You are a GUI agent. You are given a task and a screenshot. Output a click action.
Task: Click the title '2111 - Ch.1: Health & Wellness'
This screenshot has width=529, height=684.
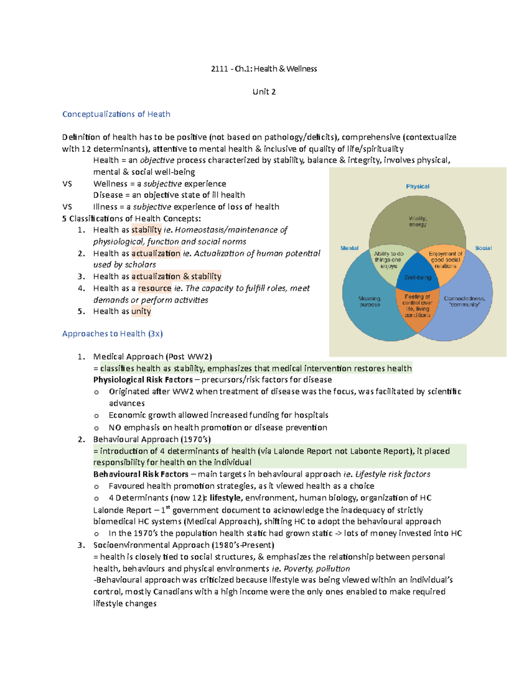pos(264,69)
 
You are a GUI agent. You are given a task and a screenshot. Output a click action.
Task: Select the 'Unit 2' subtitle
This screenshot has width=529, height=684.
pos(264,92)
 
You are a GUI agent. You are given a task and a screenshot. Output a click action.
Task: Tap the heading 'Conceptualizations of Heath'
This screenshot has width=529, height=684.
pos(116,114)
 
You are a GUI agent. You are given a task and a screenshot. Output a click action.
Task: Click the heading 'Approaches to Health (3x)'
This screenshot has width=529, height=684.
pos(112,333)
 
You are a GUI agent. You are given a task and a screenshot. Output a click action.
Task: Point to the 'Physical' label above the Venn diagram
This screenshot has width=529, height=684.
pos(417,186)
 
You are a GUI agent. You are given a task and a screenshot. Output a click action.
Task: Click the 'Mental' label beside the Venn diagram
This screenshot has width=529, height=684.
pos(349,248)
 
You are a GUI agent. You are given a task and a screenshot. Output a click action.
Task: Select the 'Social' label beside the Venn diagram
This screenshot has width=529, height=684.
pos(483,248)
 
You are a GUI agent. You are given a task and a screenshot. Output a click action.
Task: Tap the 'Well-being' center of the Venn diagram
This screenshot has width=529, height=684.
pos(417,277)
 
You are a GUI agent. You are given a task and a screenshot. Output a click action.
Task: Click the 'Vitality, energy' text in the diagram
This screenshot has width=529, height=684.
pos(417,221)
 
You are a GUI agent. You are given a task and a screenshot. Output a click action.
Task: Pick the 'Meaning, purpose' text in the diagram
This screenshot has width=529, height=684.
pos(370,301)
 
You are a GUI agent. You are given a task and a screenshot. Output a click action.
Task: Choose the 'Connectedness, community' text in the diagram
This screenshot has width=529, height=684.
pos(464,301)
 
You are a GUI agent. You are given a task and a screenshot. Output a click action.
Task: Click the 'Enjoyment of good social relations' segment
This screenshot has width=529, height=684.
pos(445,259)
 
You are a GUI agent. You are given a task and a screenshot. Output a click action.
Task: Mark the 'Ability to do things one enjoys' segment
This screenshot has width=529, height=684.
pos(388,259)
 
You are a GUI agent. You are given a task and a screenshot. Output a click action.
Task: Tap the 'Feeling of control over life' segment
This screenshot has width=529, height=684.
pos(417,306)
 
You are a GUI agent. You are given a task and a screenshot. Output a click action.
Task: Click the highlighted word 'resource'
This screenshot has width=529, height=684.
pos(154,288)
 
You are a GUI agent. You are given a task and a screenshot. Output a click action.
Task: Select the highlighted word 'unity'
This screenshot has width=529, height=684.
pos(141,311)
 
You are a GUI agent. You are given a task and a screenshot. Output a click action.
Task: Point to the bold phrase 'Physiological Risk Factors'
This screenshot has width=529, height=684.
pos(143,380)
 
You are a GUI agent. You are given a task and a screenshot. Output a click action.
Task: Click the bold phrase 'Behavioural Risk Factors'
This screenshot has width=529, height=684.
pos(141,474)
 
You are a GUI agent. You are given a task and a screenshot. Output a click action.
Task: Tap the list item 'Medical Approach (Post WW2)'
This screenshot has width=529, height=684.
pos(153,356)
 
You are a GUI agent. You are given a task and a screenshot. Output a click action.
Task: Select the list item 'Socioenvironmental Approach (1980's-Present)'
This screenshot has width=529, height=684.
pos(183,545)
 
